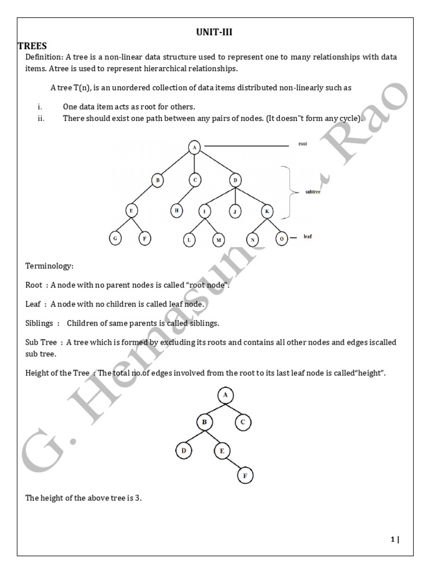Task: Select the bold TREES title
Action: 32,45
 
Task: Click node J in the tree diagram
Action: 235,212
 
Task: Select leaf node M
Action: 218,239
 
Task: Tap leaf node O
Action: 282,238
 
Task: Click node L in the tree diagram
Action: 190,239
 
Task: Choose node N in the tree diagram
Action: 253,239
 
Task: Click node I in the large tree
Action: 204,212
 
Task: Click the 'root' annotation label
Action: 302,144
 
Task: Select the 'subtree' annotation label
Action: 313,192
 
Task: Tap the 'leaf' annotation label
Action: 307,237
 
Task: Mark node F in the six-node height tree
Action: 246,476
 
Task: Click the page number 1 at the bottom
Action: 393,539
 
